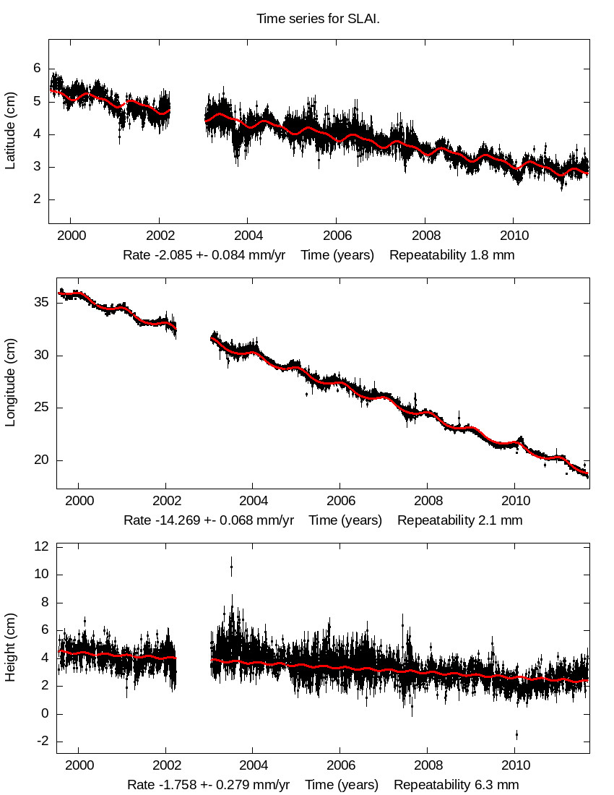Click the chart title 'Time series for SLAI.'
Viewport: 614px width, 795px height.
point(318,18)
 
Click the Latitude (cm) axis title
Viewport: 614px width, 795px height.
point(10,131)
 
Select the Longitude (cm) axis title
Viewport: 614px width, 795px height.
point(10,383)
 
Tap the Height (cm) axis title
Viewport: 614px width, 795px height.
point(10,648)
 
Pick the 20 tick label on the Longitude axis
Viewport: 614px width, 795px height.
point(40,460)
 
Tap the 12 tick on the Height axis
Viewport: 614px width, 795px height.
point(40,547)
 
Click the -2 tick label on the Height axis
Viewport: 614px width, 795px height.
point(40,742)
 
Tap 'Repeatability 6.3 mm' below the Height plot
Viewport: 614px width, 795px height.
point(456,785)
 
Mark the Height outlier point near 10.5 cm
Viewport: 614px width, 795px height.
point(231,567)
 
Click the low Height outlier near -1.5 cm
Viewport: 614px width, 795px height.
point(516,734)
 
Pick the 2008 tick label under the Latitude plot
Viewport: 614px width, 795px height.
point(424,236)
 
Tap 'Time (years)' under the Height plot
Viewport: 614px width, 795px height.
point(342,785)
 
